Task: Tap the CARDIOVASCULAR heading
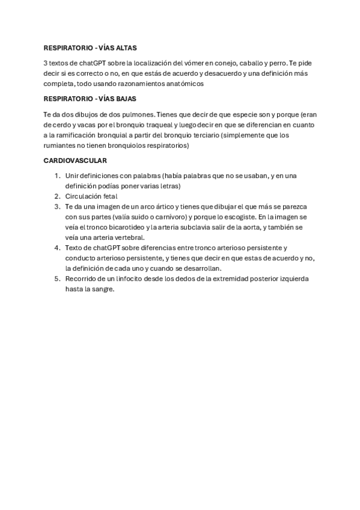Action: (x=75, y=161)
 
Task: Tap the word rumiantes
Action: (x=59, y=146)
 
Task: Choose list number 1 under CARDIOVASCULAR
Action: (x=56, y=175)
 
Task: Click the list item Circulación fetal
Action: (x=91, y=196)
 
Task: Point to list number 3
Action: (x=56, y=206)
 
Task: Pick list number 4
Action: (x=56, y=247)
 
